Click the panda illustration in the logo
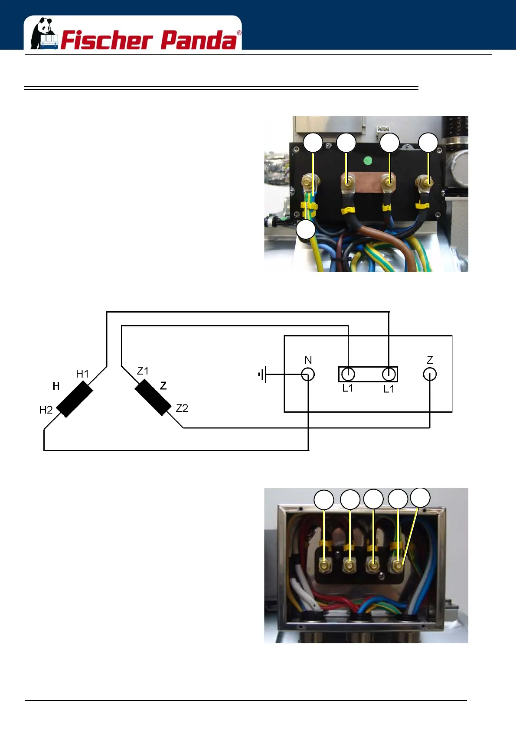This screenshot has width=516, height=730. pos(43,33)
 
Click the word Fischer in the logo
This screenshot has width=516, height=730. pos(107,40)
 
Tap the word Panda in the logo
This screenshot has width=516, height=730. pos(199,40)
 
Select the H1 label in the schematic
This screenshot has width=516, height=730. pos(82,374)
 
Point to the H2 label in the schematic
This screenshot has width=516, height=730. pos(46,410)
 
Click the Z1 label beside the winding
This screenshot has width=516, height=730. pos(143,371)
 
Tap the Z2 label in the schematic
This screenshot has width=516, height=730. pos(182,408)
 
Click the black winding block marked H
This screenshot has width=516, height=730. pos(75,399)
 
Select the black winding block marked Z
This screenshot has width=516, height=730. pos(153,398)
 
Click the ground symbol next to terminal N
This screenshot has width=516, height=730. pos(262,374)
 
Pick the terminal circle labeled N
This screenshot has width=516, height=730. pos(308,374)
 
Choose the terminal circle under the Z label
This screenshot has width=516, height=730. pos(430,374)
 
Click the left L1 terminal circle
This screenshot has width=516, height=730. pos(348,374)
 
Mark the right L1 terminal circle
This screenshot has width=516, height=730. pos(389,374)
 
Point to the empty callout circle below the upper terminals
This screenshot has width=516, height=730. pos(306,229)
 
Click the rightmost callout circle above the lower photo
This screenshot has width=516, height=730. pos(420,497)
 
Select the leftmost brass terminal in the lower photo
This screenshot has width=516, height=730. pos(324,565)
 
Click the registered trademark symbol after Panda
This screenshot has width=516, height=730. pos(239,33)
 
